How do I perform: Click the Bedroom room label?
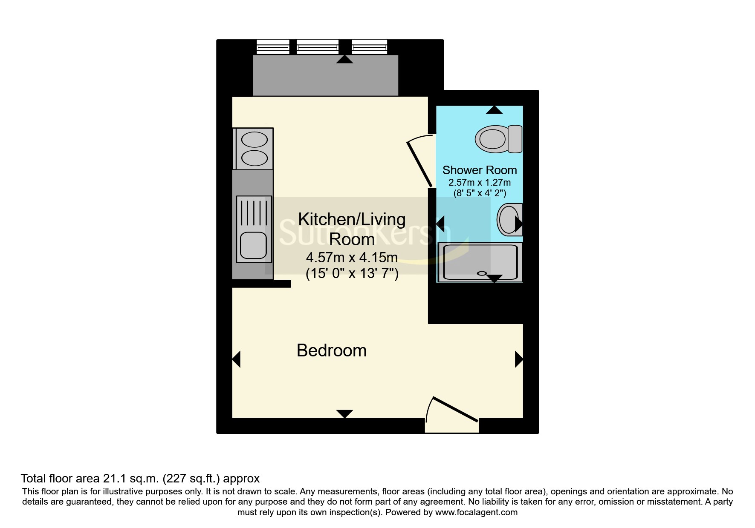(332, 350)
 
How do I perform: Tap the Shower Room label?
(480, 170)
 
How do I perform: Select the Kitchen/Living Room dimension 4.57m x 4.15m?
(352, 258)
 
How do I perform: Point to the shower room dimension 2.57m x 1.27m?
(480, 182)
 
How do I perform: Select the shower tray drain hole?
(482, 273)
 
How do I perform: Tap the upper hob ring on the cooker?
(255, 140)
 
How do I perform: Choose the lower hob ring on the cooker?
(255, 158)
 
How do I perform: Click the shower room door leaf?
(420, 164)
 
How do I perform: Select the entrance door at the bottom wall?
(456, 409)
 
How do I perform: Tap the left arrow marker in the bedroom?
(236, 359)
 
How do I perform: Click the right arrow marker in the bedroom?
(519, 359)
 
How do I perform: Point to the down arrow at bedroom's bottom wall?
(344, 414)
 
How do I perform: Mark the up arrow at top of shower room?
(494, 110)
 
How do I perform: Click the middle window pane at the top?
(318, 46)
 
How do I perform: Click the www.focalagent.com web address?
(476, 512)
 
